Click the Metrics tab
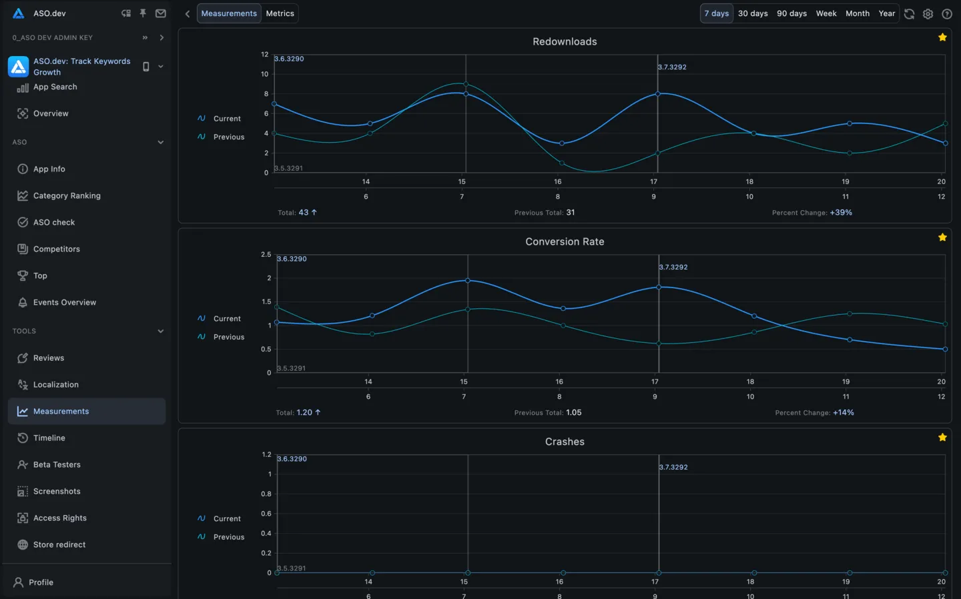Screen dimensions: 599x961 click(x=280, y=13)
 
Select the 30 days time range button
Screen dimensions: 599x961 click(x=752, y=13)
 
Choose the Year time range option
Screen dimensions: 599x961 click(x=886, y=13)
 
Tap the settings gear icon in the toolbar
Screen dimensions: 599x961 click(x=928, y=14)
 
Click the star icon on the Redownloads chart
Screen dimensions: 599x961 click(x=942, y=37)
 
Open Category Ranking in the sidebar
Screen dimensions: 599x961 click(x=67, y=195)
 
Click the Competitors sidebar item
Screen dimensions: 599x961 click(x=57, y=249)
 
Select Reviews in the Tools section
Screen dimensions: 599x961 click(x=49, y=358)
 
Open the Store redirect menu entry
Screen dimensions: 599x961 click(x=59, y=545)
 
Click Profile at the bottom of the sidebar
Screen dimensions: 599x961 click(x=41, y=582)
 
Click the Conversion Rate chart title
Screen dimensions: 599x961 click(x=565, y=241)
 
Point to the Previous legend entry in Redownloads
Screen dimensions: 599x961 click(x=228, y=137)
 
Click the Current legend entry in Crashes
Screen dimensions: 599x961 click(x=227, y=518)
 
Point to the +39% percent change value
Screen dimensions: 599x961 click(x=841, y=213)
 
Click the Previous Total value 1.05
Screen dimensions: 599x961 click(x=573, y=413)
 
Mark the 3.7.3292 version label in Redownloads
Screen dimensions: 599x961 click(x=672, y=67)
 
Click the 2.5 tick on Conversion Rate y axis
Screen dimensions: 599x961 click(x=266, y=255)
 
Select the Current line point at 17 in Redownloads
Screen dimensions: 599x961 click(x=658, y=94)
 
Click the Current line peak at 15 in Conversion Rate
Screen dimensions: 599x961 click(x=467, y=281)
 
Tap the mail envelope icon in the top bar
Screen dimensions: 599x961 click(x=161, y=13)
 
